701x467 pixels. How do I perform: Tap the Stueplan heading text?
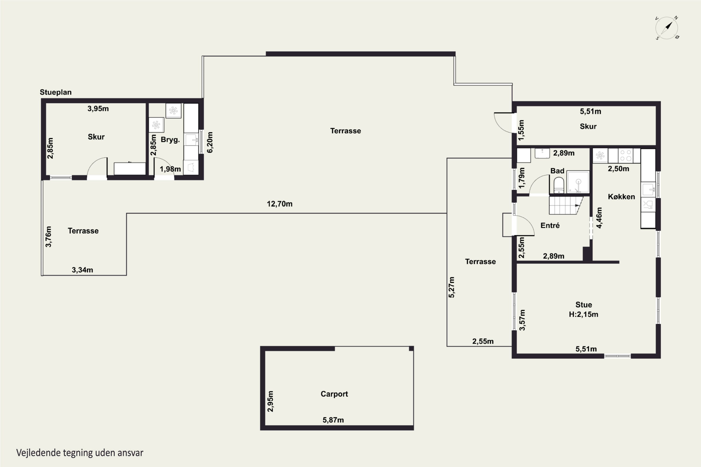(x=56, y=92)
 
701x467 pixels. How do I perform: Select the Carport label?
(x=334, y=394)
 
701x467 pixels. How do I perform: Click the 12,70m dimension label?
(x=279, y=204)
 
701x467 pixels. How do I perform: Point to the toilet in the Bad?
(x=558, y=185)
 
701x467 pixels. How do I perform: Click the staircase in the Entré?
(x=565, y=205)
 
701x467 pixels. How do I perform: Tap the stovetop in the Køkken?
(x=625, y=156)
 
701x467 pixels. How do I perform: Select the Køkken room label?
(x=621, y=197)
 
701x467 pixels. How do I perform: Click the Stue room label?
(x=583, y=305)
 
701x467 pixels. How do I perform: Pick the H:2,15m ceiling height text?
(x=583, y=314)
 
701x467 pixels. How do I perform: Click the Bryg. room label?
(x=170, y=140)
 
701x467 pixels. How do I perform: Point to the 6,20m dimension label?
(x=210, y=142)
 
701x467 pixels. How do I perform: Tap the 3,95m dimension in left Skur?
(x=98, y=109)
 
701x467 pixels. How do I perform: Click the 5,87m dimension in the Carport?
(x=333, y=420)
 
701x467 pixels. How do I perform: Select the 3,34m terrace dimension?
(x=82, y=270)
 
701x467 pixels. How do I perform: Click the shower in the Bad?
(x=578, y=182)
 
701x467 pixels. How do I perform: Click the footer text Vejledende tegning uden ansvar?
(x=80, y=453)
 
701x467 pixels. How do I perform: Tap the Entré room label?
(x=550, y=226)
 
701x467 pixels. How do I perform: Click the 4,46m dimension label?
(x=599, y=218)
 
